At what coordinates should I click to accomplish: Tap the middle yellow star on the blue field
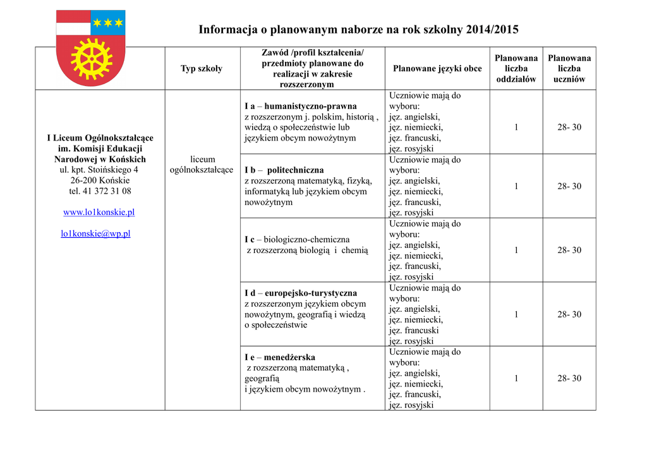click(108, 23)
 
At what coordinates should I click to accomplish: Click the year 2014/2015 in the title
click(492, 29)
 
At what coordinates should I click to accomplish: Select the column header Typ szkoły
click(202, 68)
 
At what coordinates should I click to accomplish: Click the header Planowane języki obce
click(437, 68)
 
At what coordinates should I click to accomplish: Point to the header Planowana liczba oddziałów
click(516, 68)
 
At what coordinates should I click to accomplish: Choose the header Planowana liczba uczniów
click(569, 68)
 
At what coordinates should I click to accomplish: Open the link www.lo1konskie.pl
click(99, 212)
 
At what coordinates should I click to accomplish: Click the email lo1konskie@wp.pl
click(95, 233)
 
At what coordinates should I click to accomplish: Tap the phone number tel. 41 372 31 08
click(100, 190)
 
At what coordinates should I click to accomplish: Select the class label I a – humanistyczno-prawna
click(301, 106)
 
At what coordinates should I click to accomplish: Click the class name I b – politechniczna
click(284, 170)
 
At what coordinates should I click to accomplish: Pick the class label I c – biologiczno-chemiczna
click(297, 240)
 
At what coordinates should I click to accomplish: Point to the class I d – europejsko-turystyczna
click(301, 293)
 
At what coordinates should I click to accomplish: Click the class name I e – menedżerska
click(280, 357)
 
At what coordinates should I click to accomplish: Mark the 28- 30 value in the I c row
click(569, 251)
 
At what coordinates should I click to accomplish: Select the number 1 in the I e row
click(516, 378)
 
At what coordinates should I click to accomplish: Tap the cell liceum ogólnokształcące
click(202, 164)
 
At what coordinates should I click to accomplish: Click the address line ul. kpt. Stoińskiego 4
click(99, 170)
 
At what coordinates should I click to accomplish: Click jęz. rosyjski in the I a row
click(411, 149)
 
